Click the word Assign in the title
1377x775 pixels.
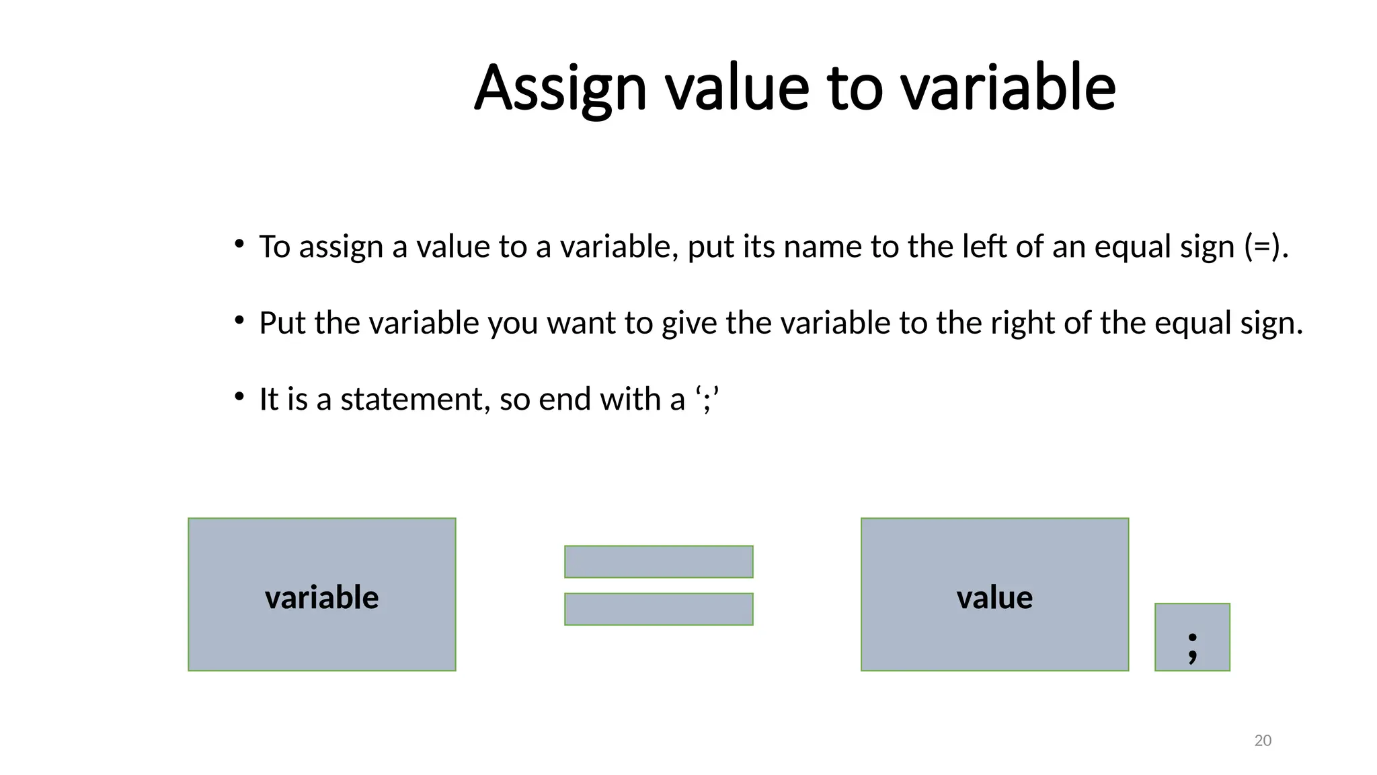(560, 88)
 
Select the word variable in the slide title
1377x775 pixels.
(1007, 88)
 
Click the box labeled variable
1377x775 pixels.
(322, 595)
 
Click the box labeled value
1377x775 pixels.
(994, 595)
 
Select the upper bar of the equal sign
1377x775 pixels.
(658, 562)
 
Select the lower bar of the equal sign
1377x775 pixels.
(658, 609)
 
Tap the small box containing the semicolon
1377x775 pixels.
(1192, 637)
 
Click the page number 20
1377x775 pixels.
(1263, 741)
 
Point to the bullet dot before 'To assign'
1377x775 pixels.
(239, 244)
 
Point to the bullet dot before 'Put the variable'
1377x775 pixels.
(239, 321)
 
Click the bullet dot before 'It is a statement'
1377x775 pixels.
(239, 397)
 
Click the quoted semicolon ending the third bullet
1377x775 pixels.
(707, 400)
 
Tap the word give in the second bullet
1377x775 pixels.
(690, 324)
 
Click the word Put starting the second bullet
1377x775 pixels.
(283, 323)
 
